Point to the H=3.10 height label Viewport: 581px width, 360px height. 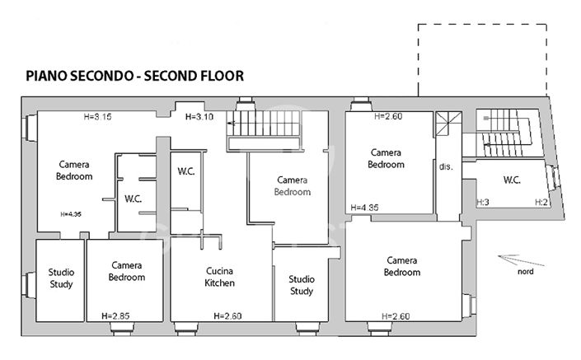200,117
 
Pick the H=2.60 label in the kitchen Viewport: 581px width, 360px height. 227,316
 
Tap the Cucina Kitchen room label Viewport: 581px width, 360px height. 219,277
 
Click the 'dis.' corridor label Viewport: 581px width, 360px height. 446,166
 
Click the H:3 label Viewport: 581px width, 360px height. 483,202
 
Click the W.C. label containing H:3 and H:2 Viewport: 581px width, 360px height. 512,180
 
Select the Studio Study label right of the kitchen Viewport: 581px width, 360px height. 301,285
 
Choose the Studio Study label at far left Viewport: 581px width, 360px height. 61,278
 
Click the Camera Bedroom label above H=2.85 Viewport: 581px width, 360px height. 127,271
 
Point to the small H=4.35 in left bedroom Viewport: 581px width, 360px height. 71,214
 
